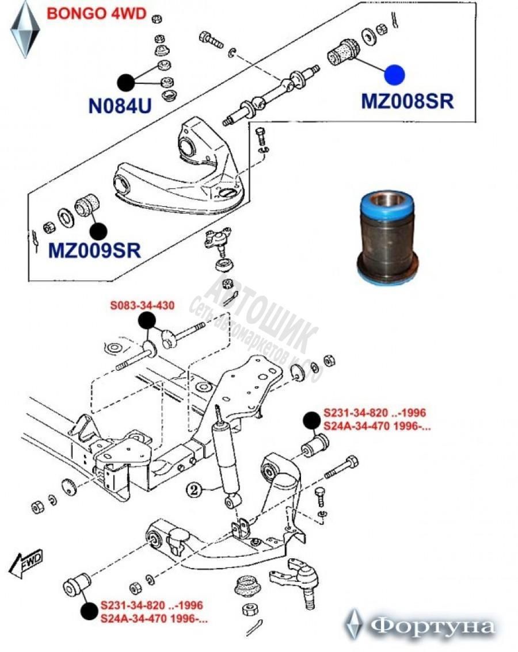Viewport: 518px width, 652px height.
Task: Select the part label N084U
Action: tap(120, 106)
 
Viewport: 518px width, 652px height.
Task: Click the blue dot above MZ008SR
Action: tap(395, 75)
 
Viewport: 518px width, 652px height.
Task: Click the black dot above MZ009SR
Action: tap(98, 231)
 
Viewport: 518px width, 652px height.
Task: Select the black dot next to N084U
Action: tap(127, 83)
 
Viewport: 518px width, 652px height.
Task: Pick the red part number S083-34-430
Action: tap(142, 305)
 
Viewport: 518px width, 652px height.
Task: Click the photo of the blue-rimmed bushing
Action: tap(387, 236)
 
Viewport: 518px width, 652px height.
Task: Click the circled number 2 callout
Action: tap(195, 490)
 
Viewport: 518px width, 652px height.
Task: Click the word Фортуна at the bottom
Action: tap(432, 626)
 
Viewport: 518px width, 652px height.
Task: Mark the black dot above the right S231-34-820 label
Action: tap(311, 421)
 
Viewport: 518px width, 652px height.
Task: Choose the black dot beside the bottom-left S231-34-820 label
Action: tap(89, 611)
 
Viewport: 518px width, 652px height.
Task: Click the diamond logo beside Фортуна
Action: tap(353, 624)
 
